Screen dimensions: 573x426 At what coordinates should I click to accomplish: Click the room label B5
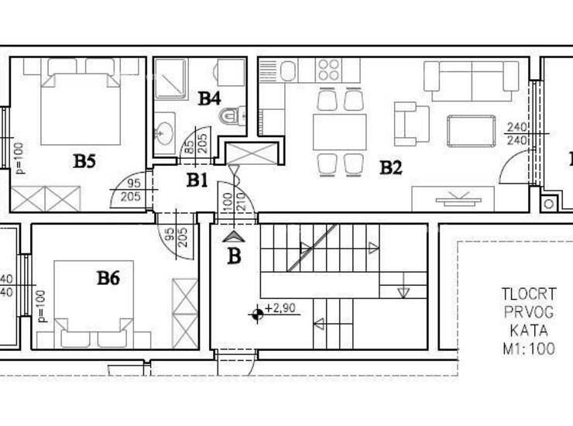[x=84, y=161]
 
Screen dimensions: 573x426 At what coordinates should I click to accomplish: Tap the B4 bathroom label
[x=209, y=98]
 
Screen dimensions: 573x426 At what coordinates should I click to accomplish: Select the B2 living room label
[x=391, y=168]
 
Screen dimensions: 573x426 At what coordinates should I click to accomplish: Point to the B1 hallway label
[x=197, y=180]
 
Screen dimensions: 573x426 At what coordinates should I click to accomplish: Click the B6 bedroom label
[x=108, y=278]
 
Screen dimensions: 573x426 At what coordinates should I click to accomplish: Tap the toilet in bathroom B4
[x=232, y=116]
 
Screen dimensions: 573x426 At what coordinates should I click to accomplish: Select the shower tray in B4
[x=171, y=79]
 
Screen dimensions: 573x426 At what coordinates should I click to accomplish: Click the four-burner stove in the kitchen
[x=328, y=70]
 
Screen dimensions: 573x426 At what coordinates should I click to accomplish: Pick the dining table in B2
[x=339, y=132]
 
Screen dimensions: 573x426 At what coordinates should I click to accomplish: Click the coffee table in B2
[x=472, y=131]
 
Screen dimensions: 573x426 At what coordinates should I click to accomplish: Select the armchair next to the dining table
[x=411, y=124]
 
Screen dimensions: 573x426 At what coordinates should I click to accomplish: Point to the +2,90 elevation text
[x=280, y=308]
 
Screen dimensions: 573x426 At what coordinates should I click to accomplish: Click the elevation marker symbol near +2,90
[x=257, y=314]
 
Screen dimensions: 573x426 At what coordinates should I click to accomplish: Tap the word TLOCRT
[x=528, y=294]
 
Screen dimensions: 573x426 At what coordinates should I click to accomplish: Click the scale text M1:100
[x=529, y=349]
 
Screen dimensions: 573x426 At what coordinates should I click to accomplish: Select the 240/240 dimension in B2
[x=517, y=133]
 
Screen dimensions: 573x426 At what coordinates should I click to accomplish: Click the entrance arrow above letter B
[x=234, y=237]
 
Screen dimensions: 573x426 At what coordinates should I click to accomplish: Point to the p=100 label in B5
[x=19, y=158]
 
